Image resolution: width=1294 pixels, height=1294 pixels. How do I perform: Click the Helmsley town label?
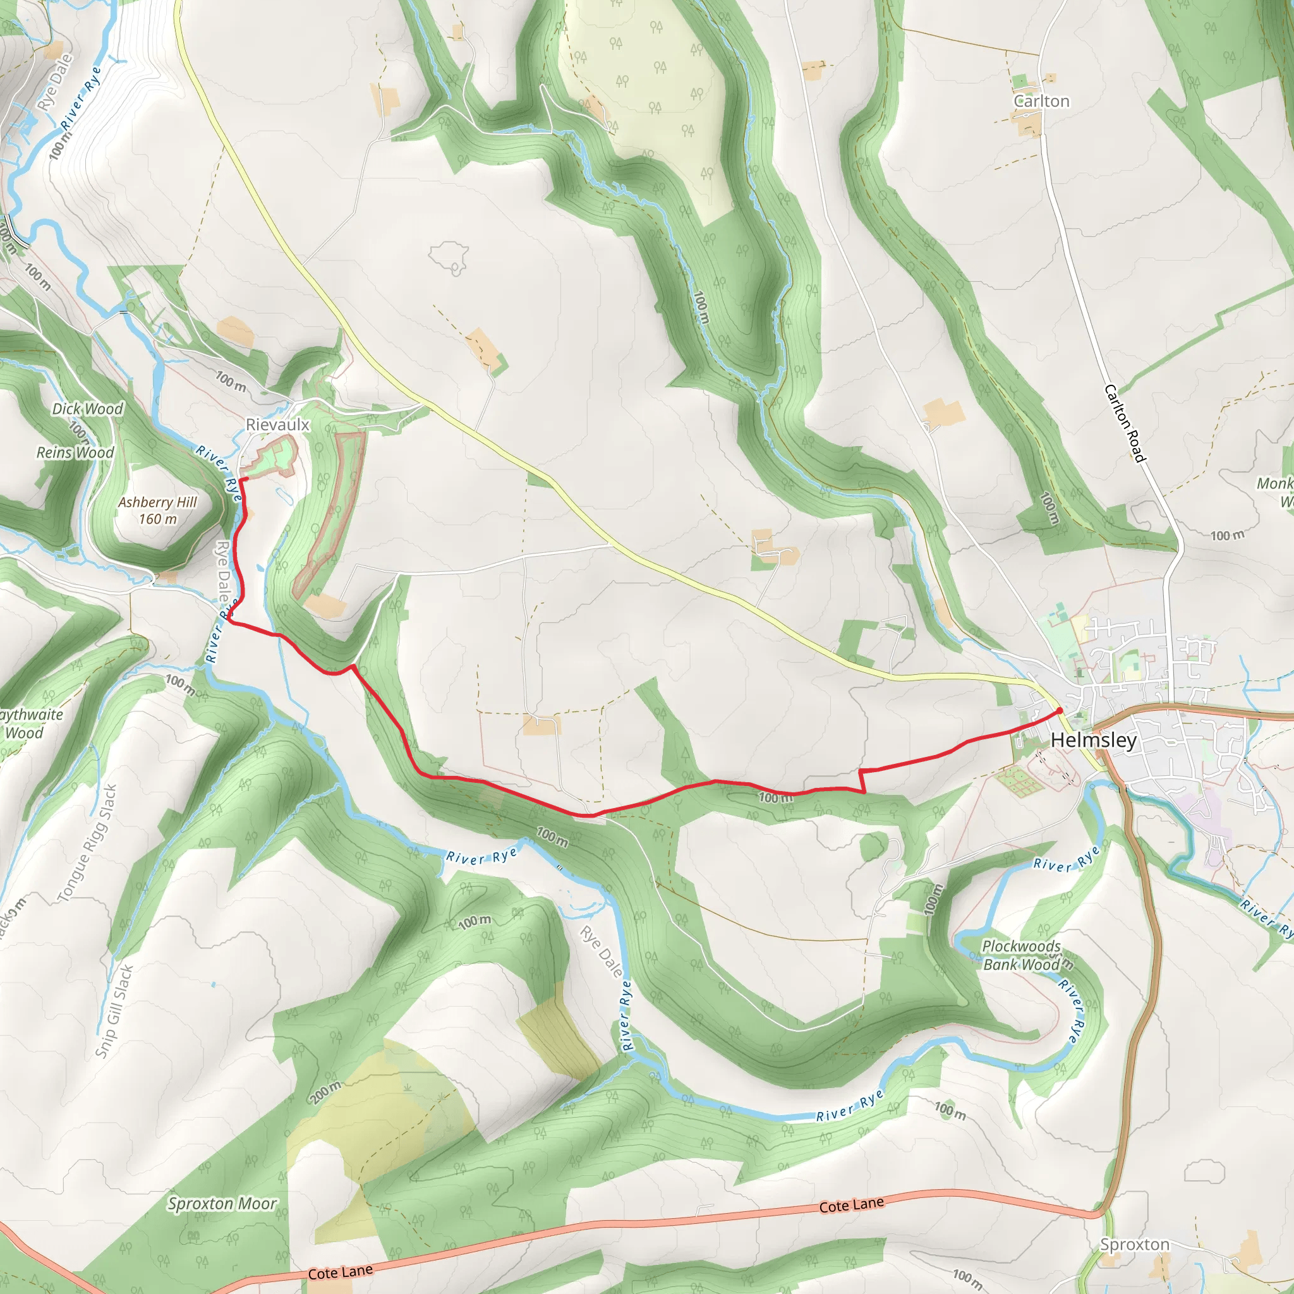(x=1093, y=740)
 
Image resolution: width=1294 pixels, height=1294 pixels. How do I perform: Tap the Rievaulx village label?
(x=277, y=425)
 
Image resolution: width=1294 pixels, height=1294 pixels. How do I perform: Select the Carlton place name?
(x=1041, y=101)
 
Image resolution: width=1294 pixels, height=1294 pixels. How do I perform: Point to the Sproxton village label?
(x=1135, y=1245)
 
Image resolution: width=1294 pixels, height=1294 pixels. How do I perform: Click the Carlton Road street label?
(x=1125, y=423)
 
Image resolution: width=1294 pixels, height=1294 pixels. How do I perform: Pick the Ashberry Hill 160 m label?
(x=157, y=511)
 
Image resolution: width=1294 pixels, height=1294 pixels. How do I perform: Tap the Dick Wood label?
(x=88, y=409)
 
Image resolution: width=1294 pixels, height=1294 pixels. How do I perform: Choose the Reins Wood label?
(x=75, y=453)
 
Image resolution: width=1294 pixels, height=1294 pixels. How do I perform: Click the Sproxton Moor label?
(x=222, y=1204)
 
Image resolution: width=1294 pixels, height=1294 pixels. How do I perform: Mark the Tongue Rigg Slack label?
(x=87, y=844)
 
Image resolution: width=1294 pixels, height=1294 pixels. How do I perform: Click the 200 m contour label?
(x=325, y=1092)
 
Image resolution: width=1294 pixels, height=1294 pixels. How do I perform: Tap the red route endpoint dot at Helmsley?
(x=1059, y=711)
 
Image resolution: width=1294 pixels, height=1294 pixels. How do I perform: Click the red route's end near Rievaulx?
(x=242, y=480)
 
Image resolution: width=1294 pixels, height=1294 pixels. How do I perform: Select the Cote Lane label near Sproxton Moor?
(x=341, y=1271)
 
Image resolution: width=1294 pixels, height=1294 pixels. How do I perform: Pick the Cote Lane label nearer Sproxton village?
(x=851, y=1205)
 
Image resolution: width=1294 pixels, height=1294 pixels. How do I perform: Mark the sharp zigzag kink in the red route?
(x=861, y=781)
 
